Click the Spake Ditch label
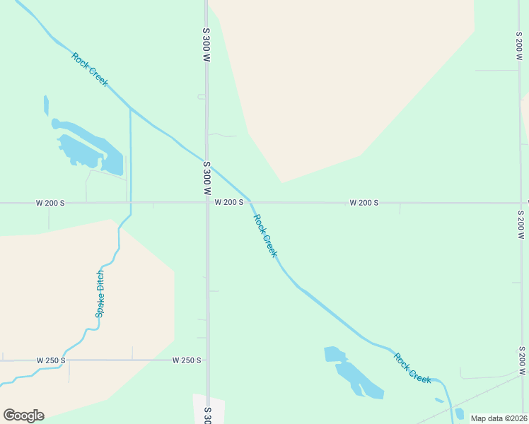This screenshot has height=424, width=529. [100, 294]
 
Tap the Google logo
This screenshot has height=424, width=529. [23, 416]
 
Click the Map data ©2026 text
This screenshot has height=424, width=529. [499, 418]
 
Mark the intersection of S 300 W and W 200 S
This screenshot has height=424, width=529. [207, 203]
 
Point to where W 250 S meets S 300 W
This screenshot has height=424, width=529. [207, 360]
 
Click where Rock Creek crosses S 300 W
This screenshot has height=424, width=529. [207, 162]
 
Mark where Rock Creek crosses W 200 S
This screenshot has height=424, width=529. [250, 202]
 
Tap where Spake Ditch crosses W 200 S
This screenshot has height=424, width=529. [130, 203]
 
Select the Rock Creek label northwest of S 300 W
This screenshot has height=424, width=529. [90, 69]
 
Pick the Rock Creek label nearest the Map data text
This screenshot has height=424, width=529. [413, 368]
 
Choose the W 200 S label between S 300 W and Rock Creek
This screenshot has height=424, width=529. [229, 203]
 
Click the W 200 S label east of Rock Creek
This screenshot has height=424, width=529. [364, 203]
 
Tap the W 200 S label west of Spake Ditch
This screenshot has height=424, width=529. [50, 203]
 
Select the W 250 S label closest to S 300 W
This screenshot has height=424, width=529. [187, 360]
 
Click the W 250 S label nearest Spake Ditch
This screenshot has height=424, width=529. [51, 360]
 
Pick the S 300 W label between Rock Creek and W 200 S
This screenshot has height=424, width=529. [207, 178]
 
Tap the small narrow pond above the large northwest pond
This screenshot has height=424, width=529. [46, 105]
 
